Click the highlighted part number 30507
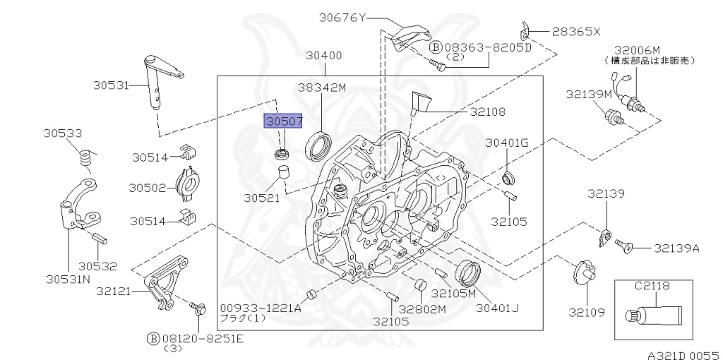point(283,121)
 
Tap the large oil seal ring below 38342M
point(318,146)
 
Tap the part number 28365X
point(576,31)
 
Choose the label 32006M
point(637,50)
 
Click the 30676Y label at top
point(342,18)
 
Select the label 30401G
point(507,143)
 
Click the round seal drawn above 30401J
point(467,272)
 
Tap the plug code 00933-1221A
point(260,308)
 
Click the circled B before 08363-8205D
point(436,47)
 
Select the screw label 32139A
point(676,248)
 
